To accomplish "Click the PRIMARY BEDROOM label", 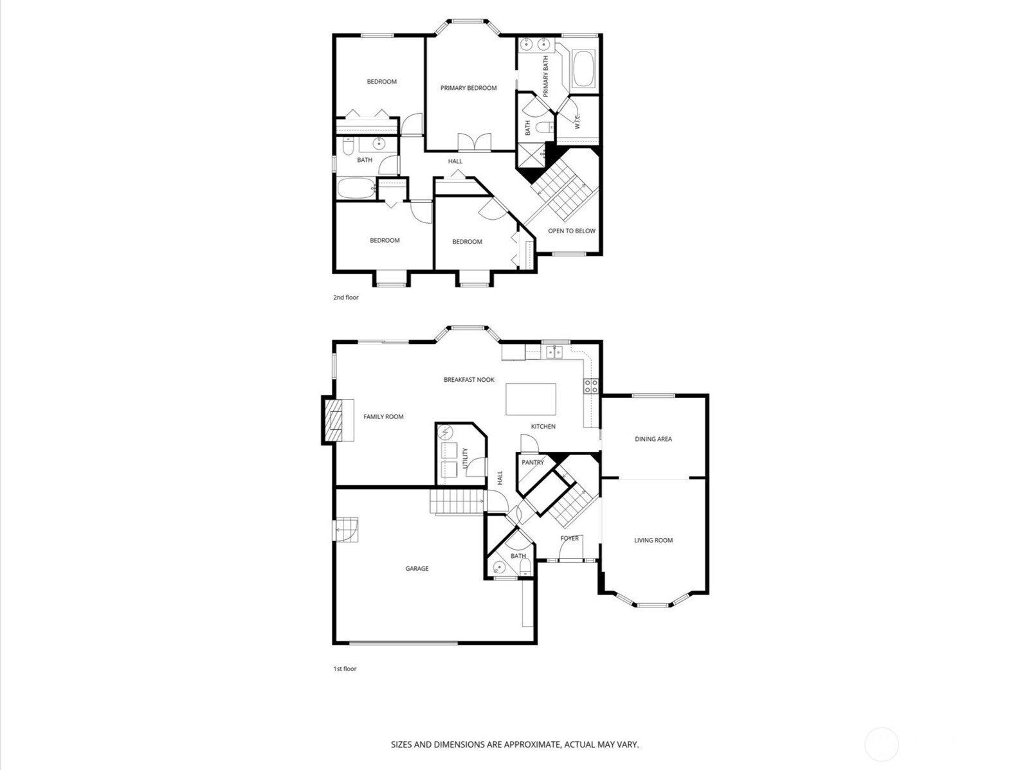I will coord(468,88).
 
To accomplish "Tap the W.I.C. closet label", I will coord(578,121).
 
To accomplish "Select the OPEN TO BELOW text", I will coord(571,231).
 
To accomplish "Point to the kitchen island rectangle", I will coord(531,399).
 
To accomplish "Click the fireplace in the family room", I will coord(334,420).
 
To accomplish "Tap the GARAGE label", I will coord(417,568).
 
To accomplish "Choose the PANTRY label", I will coord(533,462).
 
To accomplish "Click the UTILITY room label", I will coord(466,458).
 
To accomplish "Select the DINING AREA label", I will coord(653,439).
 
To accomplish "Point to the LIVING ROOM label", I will coord(653,540).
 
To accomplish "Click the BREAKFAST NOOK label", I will coord(469,380).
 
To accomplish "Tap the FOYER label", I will coord(569,538).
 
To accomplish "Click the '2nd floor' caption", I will coord(345,298).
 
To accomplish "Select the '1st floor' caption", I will coord(344,668).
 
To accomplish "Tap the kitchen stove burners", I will coord(591,386).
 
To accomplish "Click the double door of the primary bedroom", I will coord(475,143).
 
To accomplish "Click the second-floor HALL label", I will coord(455,161).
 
